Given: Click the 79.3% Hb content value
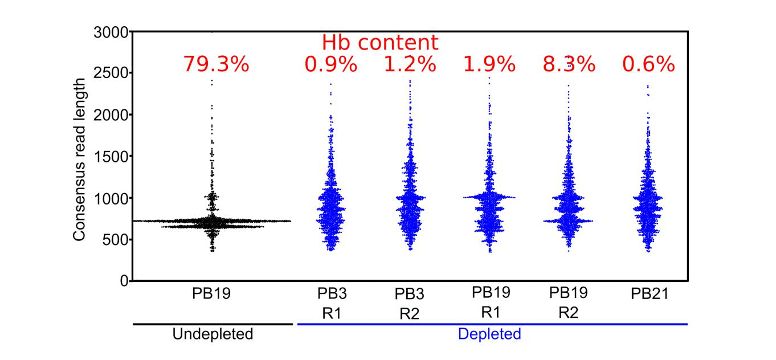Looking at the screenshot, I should [x=216, y=64].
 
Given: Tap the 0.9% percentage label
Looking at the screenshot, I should [x=331, y=64].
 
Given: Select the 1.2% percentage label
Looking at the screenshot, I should [x=410, y=64].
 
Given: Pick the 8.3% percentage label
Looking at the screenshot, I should [x=568, y=64].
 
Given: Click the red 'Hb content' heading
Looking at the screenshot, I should [x=380, y=43].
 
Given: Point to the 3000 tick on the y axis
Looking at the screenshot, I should [x=110, y=32].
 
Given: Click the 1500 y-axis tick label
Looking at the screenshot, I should [x=110, y=157].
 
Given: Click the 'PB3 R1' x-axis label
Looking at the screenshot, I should [x=332, y=303].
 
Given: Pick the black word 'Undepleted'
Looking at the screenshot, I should [x=213, y=334].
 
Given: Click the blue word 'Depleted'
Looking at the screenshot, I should [x=490, y=334].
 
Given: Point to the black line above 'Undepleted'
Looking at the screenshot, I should [x=212, y=324].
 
